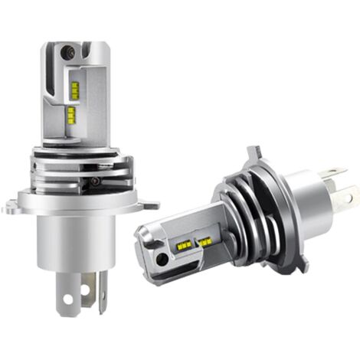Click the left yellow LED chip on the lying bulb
click(x=185, y=245)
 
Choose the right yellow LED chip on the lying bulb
click(x=205, y=242)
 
